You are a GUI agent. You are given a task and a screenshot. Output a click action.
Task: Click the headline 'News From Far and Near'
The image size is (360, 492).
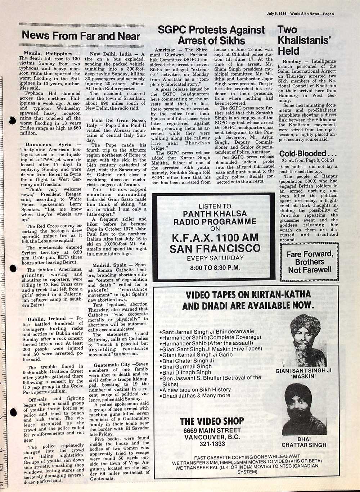[x=81, y=36]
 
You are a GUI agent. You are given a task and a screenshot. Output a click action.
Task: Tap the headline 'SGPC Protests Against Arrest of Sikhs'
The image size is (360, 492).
[x=211, y=35]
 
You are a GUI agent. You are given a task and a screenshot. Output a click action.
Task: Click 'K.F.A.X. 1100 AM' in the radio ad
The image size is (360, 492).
[x=215, y=238]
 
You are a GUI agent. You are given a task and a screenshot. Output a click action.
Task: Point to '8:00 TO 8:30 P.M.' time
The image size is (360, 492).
[x=215, y=268]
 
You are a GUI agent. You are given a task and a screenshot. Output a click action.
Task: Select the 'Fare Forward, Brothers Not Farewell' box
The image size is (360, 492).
[x=310, y=262]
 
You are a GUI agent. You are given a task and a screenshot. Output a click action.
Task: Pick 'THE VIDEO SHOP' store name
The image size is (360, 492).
[x=212, y=421]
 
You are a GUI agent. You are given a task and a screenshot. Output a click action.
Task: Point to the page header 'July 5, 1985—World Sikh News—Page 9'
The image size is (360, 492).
[x=301, y=14]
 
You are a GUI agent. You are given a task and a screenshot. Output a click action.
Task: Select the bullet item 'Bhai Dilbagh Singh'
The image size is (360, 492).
[x=186, y=372]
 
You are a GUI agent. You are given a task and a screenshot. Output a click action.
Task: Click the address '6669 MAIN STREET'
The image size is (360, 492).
[x=212, y=430]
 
